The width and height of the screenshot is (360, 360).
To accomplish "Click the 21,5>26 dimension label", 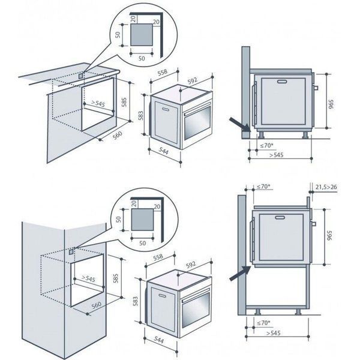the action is coord(326,187).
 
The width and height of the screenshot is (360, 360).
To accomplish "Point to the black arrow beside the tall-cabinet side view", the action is coord(240,274).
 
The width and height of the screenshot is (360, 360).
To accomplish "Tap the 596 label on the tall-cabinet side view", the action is coord(329,236).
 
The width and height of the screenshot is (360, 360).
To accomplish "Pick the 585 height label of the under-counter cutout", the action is coord(124,102).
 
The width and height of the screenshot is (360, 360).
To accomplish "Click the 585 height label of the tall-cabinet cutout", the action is coord(116,278).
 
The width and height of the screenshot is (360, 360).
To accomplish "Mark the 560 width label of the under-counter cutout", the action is coord(118,135).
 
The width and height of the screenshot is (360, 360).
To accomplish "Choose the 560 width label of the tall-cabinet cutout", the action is coord(96,305).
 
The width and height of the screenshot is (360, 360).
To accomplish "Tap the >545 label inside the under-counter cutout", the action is coord(98,103).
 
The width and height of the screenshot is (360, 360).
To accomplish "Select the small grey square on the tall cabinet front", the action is coord(71,251).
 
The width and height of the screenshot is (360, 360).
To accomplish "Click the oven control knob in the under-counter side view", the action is coord(316,88).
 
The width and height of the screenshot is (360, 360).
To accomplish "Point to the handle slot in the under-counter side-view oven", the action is coord(281,82).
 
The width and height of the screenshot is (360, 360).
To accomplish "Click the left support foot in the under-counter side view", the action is coord(261,135).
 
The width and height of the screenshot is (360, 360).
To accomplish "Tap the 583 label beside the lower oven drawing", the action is coord(135,301).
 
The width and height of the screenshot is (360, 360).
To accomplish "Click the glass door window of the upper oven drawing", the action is coord(197,122).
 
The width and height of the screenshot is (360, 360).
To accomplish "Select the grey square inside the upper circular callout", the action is coord(142,35).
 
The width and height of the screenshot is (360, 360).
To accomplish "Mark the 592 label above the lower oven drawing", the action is coord(191,265).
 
